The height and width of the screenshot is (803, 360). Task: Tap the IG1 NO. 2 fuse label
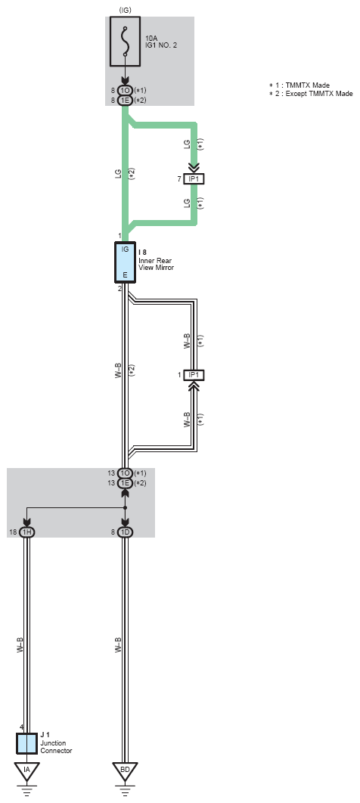[161, 45]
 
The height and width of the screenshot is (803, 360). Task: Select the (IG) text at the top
[125, 10]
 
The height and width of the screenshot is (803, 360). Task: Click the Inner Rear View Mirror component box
[125, 262]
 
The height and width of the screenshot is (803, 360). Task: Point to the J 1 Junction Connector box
[27, 743]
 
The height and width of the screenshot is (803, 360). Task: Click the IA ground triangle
[27, 770]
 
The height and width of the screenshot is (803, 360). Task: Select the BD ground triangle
[126, 770]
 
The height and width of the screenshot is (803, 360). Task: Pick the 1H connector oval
[27, 532]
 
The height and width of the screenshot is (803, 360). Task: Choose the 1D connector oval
[126, 532]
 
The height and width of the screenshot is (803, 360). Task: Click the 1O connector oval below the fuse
[126, 90]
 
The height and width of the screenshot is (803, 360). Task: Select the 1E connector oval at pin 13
[126, 483]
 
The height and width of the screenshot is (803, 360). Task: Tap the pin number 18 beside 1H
[14, 532]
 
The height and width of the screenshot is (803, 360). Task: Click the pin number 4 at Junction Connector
[21, 727]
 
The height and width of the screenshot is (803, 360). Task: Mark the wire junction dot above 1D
[126, 508]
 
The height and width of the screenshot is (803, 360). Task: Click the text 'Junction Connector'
[56, 747]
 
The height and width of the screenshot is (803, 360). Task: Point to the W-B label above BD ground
[118, 645]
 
